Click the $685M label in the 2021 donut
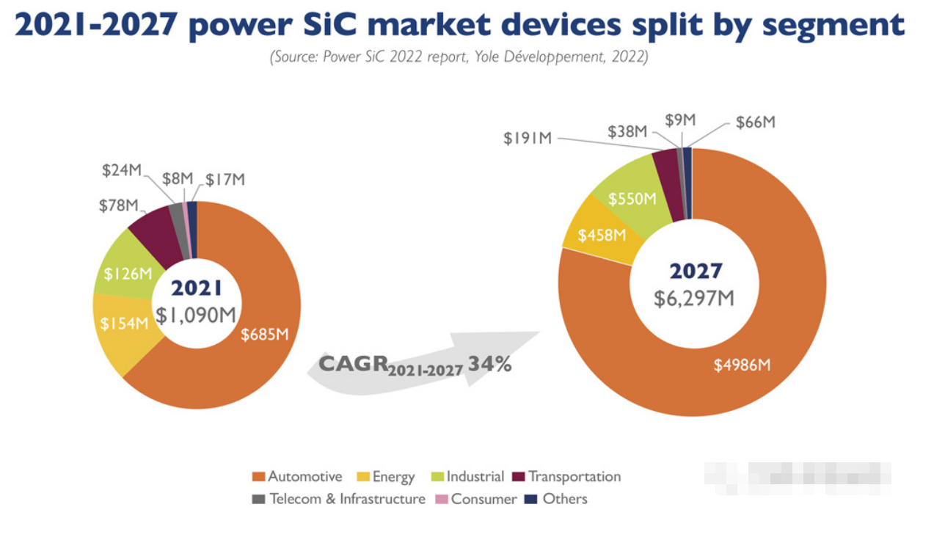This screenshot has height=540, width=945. [265, 335]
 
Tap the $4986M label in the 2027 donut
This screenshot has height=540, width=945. [742, 365]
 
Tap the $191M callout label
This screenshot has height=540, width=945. [527, 138]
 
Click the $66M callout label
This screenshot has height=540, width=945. [756, 123]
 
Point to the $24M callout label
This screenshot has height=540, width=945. [122, 171]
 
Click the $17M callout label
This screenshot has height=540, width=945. [225, 179]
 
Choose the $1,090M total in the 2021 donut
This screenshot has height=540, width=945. [195, 315]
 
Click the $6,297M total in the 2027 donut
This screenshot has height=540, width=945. [694, 299]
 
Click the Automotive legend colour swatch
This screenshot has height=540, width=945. [258, 477]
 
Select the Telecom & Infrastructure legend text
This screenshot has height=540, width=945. [347, 499]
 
